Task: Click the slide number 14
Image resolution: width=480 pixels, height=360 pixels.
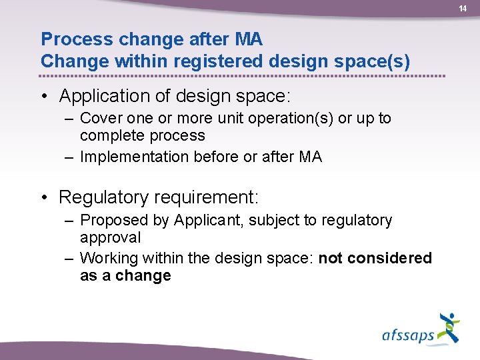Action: point(463,8)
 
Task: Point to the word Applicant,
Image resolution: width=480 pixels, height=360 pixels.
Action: point(204,221)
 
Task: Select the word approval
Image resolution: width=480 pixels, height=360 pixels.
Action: point(110,237)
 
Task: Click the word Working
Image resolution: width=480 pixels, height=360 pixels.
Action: point(107,258)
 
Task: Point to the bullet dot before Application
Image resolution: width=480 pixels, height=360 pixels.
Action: point(45,97)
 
